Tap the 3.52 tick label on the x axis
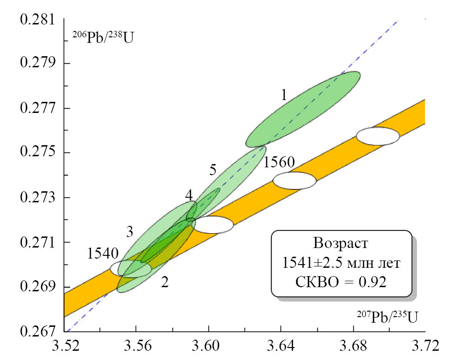click(64, 346)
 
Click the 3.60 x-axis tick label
click(209, 346)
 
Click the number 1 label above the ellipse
click(284, 95)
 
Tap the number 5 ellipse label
click(213, 170)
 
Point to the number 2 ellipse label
click(165, 283)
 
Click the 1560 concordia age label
click(280, 162)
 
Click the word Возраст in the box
click(341, 243)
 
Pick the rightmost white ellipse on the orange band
click(378, 136)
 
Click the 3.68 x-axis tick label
click(353, 346)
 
